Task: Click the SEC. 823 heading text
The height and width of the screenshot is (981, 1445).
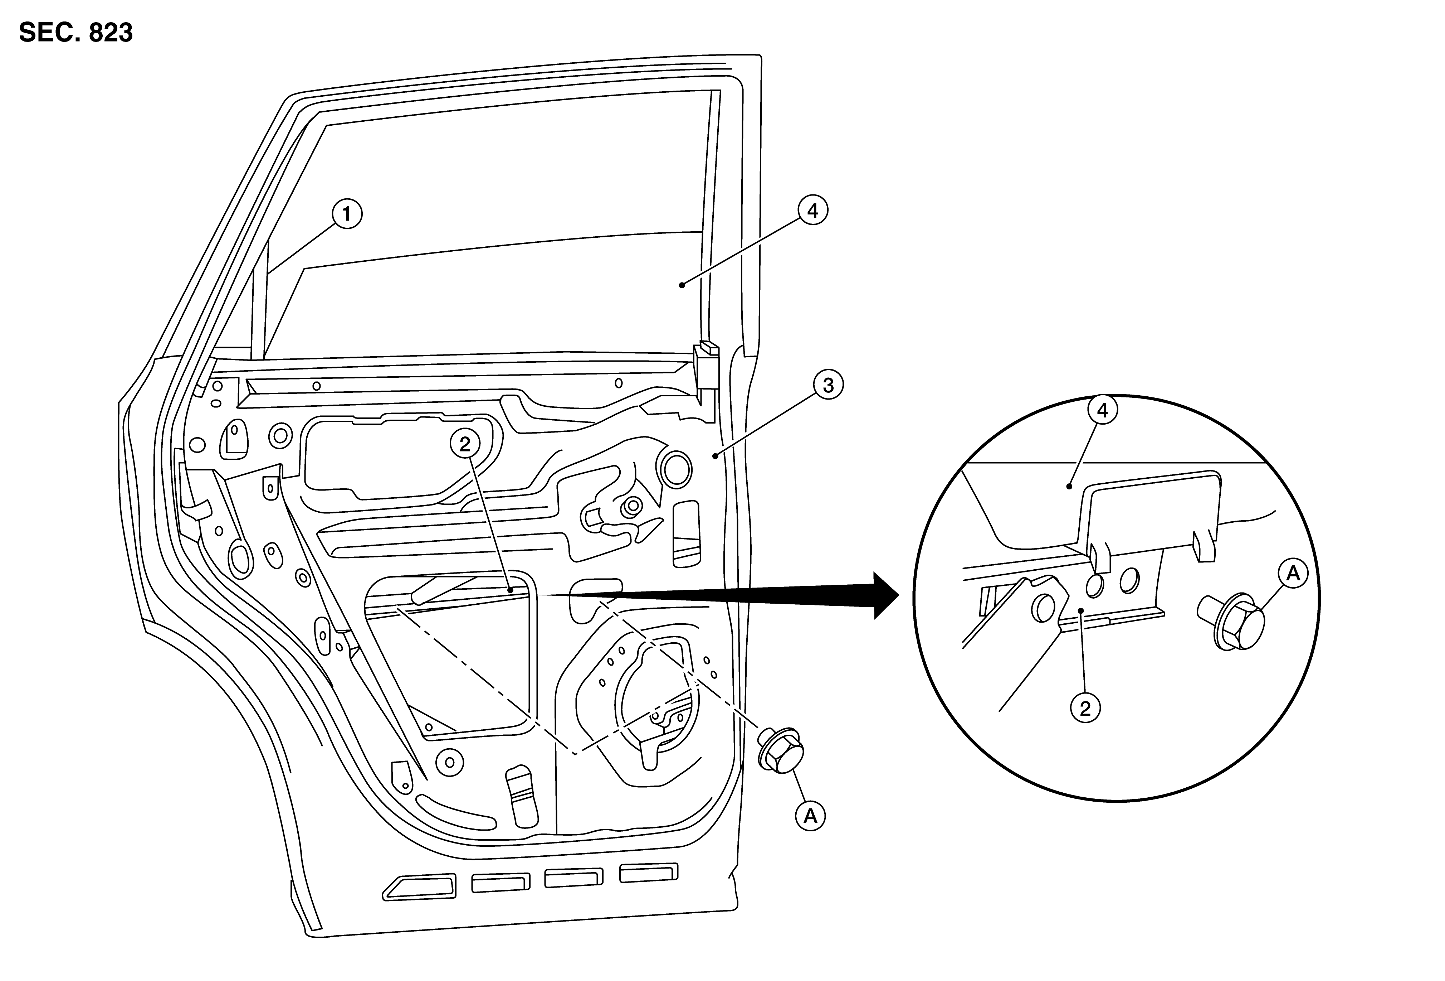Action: (76, 32)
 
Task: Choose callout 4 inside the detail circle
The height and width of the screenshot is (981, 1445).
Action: (1102, 411)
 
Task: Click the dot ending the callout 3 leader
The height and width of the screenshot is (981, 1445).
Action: (716, 456)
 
